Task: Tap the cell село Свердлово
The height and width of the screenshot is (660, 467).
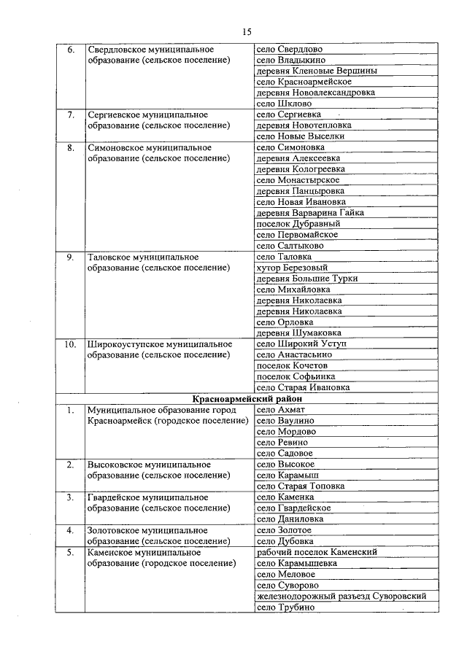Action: tap(290, 49)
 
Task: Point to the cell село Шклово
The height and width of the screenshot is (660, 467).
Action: tap(284, 104)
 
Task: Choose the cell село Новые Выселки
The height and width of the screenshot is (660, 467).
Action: tap(300, 136)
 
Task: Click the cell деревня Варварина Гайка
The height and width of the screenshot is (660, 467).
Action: tap(310, 213)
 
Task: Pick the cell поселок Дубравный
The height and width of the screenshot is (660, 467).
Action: tap(298, 224)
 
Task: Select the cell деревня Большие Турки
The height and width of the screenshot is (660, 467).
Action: tap(303, 279)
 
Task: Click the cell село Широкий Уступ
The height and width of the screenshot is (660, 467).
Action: tap(301, 344)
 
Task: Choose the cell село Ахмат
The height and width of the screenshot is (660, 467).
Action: tap(281, 410)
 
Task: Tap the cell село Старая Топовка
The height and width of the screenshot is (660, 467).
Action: tap(301, 486)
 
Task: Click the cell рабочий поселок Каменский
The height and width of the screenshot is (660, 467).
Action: tap(317, 552)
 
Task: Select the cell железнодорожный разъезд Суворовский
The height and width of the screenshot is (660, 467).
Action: tap(341, 596)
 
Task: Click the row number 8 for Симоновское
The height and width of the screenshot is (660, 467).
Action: tap(71, 147)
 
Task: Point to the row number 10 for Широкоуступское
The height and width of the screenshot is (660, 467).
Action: tap(71, 344)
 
